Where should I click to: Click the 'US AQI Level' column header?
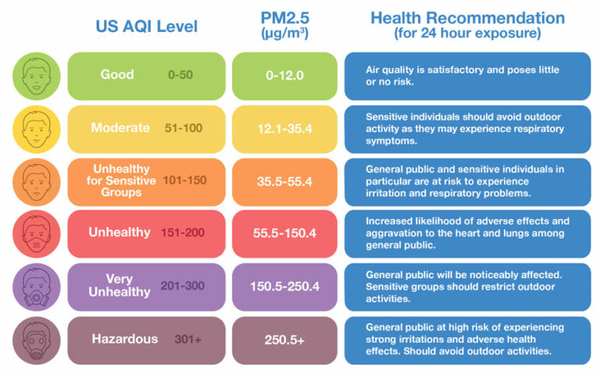[147, 27]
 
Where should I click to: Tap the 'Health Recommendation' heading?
[467, 18]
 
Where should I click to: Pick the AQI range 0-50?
[181, 75]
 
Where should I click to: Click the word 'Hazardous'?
[124, 339]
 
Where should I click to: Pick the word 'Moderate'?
[121, 128]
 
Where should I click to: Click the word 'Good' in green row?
[117, 75]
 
